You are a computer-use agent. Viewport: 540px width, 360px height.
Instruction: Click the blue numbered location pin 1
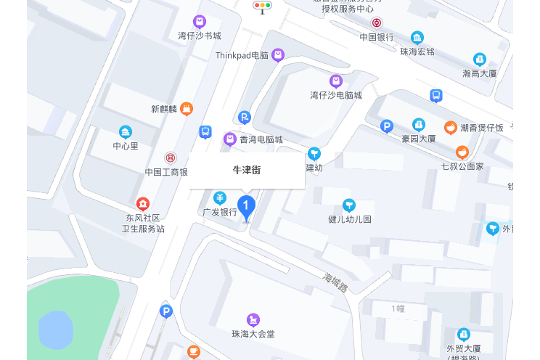tap(246, 207)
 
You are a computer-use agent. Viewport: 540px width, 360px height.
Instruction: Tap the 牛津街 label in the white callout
tap(246, 170)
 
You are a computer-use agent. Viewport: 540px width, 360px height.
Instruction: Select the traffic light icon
tap(262, 7)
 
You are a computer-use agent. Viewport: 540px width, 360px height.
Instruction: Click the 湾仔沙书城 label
tap(200, 36)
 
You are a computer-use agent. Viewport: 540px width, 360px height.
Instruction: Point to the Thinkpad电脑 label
tap(242, 55)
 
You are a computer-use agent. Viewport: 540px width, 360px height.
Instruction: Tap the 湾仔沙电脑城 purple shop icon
tap(335, 81)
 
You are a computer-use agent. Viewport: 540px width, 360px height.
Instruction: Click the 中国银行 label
tap(376, 37)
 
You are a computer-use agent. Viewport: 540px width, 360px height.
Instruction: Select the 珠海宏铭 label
tap(417, 52)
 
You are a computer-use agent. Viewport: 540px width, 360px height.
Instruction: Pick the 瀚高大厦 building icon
tap(479, 60)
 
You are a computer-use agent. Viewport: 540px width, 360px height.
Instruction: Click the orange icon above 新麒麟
tap(186, 109)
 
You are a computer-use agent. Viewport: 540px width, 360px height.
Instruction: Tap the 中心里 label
tap(126, 146)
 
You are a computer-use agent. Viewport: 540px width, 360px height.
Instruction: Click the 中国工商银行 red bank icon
tap(170, 157)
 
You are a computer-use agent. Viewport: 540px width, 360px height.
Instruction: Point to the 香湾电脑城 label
tap(262, 139)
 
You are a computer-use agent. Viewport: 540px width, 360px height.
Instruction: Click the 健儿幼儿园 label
tap(349, 219)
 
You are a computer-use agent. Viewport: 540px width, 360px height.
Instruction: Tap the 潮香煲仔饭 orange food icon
tap(451, 128)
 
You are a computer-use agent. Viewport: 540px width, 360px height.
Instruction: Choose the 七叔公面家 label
tap(462, 166)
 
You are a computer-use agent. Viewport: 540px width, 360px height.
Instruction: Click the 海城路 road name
tap(336, 280)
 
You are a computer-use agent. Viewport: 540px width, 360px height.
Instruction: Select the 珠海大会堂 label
tap(253, 334)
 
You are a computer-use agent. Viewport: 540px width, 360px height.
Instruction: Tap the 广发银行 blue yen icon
tap(220, 197)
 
